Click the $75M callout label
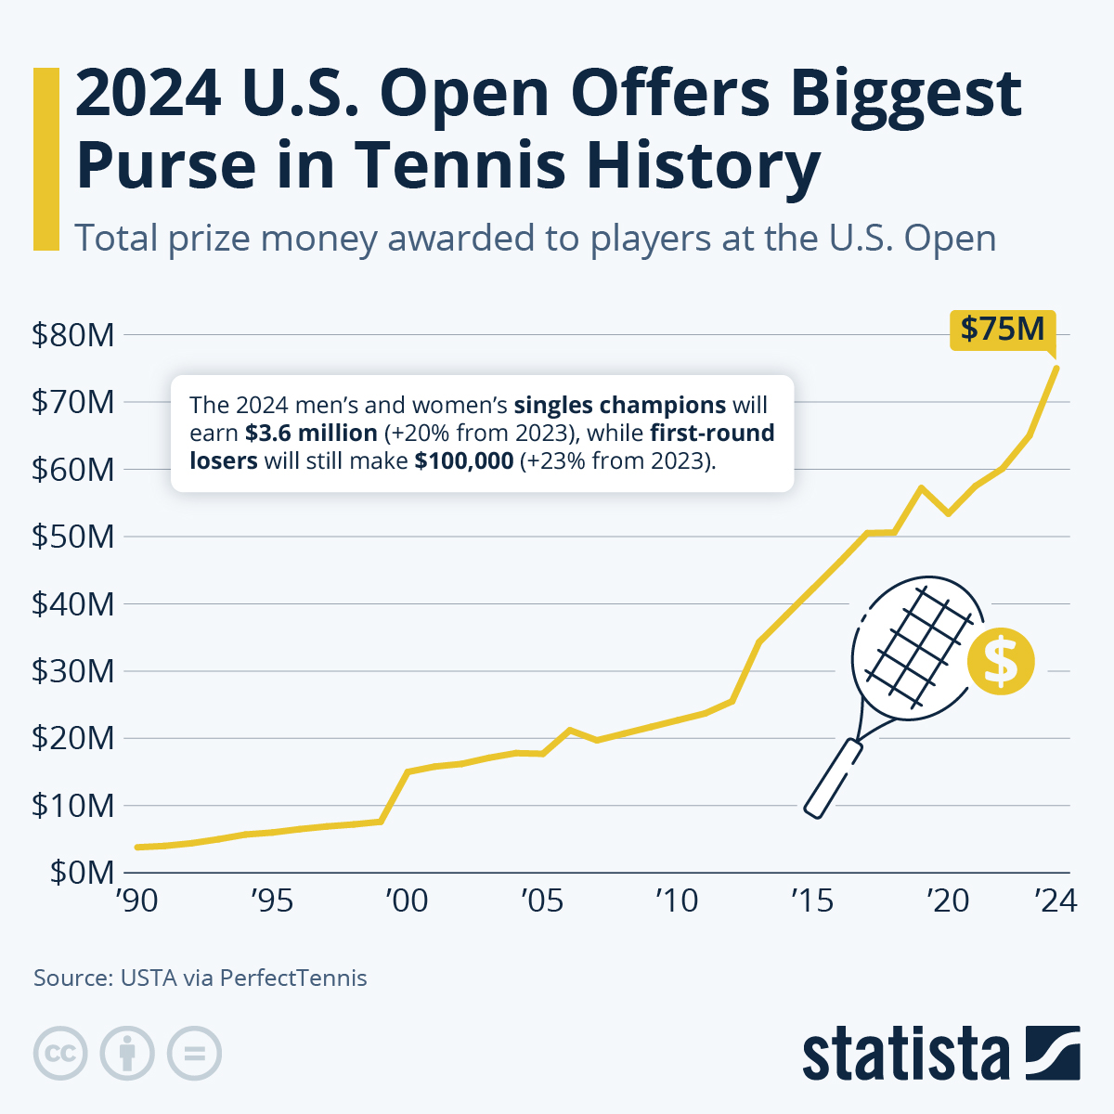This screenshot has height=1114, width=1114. pos(1003,330)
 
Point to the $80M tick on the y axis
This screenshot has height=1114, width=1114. pos(73,335)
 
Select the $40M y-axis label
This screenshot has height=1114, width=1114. pos(73,604)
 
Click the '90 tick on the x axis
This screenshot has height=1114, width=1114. pos(136,900)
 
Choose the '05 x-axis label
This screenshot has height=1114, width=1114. pos(542,900)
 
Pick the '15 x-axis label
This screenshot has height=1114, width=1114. pos(812,900)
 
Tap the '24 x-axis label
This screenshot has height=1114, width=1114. pos(1055,900)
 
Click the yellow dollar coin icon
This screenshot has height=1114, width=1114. pos(1000,661)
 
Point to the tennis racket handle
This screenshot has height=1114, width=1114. pos(833,778)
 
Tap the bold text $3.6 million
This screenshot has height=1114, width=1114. pos(311,434)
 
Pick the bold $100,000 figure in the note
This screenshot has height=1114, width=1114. pos(463,460)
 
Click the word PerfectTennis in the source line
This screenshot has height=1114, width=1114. pos(293,978)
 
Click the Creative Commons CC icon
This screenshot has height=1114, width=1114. pos(60,1054)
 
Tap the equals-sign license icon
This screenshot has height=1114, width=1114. pos(194,1054)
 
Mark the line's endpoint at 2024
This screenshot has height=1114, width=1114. pos(1056,368)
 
